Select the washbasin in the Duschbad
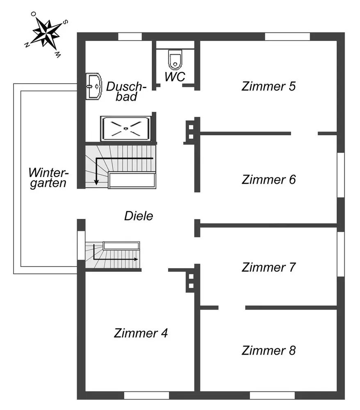(x=94, y=87)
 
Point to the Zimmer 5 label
(x=269, y=87)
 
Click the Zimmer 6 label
(x=269, y=180)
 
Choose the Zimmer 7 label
(x=269, y=267)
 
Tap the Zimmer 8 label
(x=269, y=351)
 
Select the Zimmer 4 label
(x=141, y=333)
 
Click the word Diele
(x=139, y=216)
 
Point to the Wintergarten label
(x=48, y=177)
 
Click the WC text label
(x=175, y=77)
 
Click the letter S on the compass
(x=66, y=22)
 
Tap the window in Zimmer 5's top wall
(x=287, y=36)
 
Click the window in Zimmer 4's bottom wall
(x=146, y=396)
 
